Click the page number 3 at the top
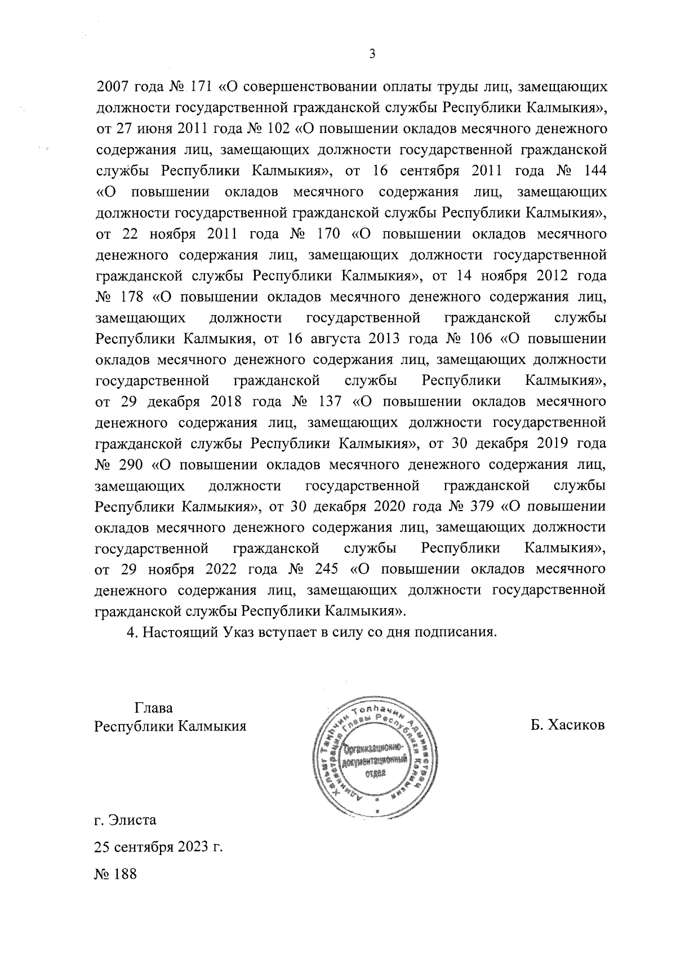[371, 54]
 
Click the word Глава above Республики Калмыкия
[153, 708]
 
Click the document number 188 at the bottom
[125, 875]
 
